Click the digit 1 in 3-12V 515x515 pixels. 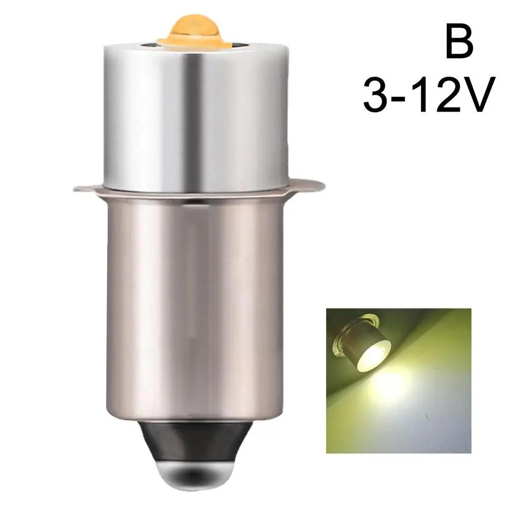click(x=423, y=96)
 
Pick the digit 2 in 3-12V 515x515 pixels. click(x=446, y=96)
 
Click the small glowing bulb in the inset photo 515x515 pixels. click(x=360, y=347)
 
